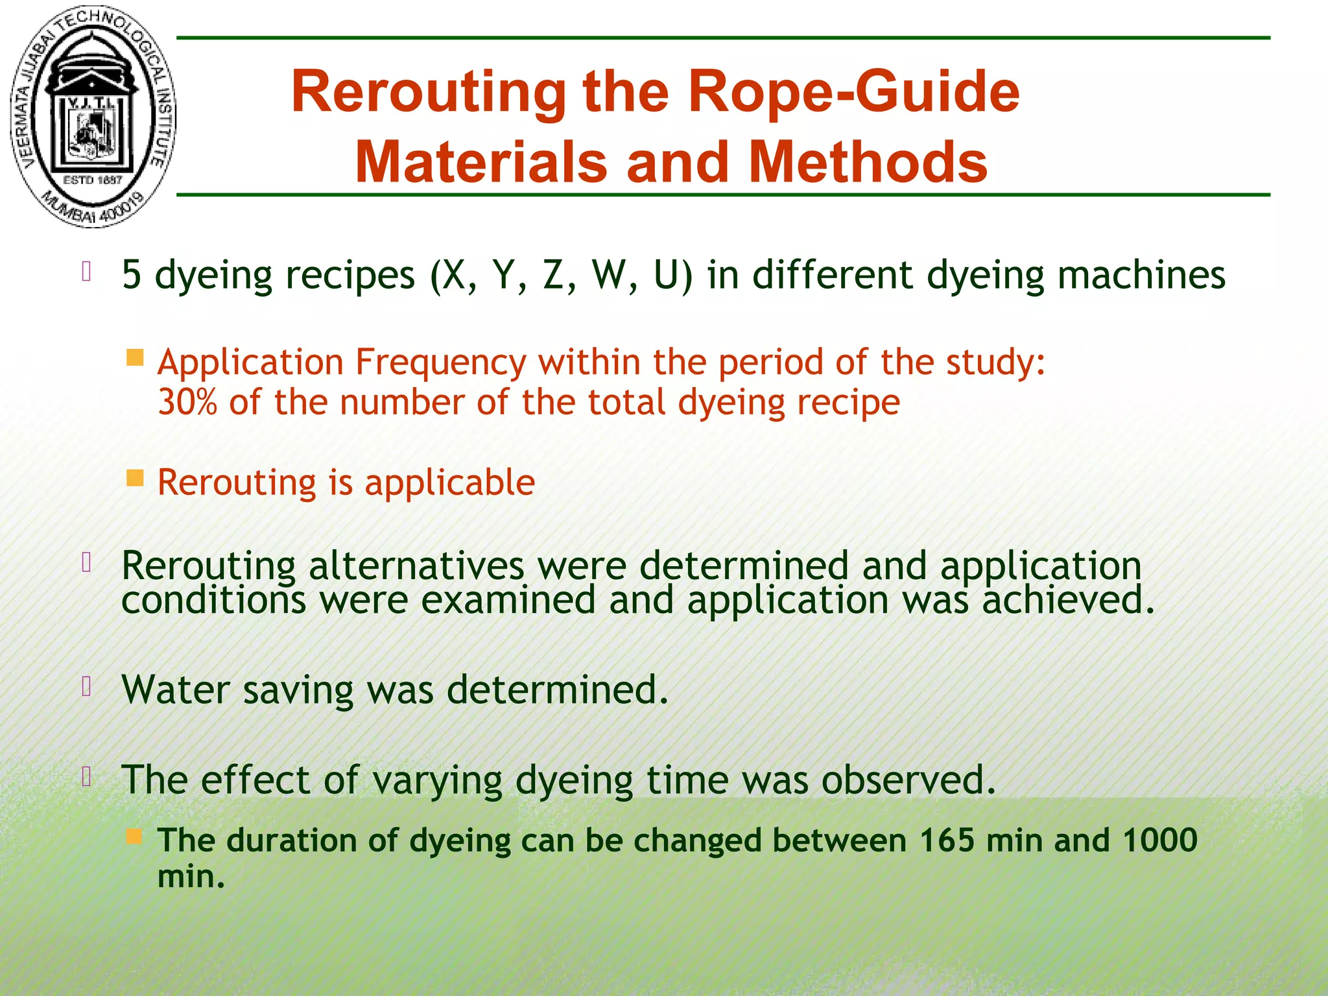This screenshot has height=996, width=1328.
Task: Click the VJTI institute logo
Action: click(x=93, y=117)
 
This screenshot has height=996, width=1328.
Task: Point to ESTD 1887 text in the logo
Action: click(x=92, y=180)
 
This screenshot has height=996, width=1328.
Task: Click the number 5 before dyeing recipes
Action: click(x=131, y=274)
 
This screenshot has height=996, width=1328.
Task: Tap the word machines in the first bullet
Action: click(x=1141, y=274)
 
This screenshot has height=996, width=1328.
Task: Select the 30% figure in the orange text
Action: click(x=187, y=402)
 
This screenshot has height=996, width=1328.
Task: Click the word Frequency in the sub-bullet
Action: click(x=441, y=362)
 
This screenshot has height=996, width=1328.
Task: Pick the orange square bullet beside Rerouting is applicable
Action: click(x=135, y=479)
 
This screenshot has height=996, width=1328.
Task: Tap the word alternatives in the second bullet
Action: click(x=416, y=565)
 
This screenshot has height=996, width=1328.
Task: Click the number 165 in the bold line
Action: click(x=947, y=840)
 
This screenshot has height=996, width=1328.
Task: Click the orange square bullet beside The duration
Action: click(x=135, y=836)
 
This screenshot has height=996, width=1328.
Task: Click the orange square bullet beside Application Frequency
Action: click(x=135, y=358)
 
